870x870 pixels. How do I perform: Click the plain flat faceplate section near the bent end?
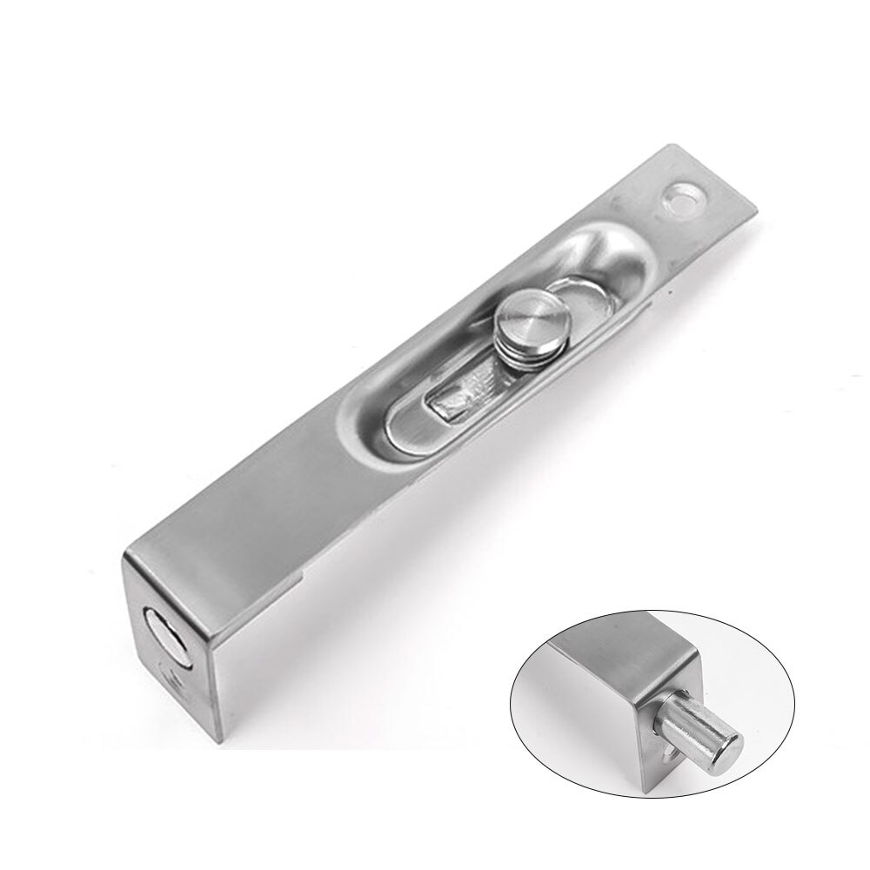[252, 496]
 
